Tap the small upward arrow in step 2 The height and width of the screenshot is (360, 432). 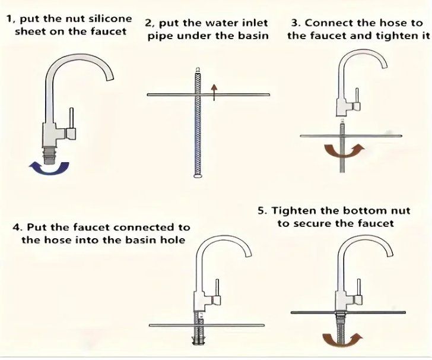[214, 93]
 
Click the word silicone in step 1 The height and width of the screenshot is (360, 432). [110, 19]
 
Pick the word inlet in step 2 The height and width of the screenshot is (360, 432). [255, 23]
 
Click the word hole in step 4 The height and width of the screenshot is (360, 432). [174, 239]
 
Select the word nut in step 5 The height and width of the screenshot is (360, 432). [401, 211]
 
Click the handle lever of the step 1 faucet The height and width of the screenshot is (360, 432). [71, 118]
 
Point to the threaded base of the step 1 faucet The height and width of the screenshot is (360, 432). [50, 155]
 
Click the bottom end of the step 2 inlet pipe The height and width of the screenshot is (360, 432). [198, 175]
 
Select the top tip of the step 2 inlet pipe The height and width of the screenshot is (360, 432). [197, 69]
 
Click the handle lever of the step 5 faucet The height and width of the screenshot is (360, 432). [358, 287]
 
